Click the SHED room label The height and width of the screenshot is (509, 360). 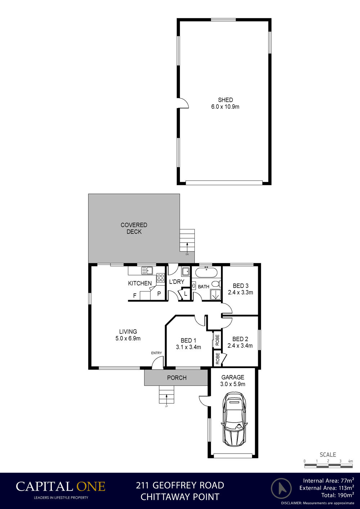225,100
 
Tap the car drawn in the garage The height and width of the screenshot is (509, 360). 234,419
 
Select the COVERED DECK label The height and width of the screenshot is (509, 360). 134,228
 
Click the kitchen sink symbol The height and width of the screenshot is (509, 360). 147,271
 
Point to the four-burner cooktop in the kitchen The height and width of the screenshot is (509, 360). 161,278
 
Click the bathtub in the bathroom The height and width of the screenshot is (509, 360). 206,272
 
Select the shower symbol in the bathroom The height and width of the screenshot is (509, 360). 215,295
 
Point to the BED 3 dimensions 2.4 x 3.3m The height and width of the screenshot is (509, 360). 240,293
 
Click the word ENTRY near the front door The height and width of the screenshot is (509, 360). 157,353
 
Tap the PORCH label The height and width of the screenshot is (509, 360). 177,378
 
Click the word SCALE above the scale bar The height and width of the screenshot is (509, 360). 328,455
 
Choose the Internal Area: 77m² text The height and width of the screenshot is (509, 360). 328,481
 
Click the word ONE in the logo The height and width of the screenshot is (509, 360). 91,487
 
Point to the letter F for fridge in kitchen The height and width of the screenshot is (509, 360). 135,296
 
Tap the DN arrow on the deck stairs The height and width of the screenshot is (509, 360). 187,248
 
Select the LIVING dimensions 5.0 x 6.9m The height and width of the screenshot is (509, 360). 128,338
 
